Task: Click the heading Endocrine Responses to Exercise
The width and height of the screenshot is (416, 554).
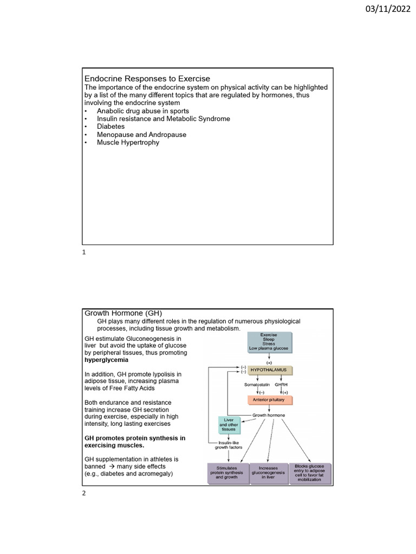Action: [x=147, y=79]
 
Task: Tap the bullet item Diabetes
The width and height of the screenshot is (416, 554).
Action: [x=110, y=127]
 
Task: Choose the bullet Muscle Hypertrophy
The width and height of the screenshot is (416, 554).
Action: [x=128, y=143]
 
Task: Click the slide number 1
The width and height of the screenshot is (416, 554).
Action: [x=84, y=253]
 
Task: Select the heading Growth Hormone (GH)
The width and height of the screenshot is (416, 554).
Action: [x=123, y=313]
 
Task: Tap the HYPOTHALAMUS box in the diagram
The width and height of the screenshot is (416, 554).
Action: [x=269, y=371]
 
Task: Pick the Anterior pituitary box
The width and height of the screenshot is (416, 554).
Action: [x=269, y=400]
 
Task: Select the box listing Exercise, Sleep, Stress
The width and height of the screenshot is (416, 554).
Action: [x=268, y=342]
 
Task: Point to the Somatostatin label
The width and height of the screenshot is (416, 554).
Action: [x=257, y=384]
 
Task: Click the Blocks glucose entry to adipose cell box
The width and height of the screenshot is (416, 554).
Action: [x=309, y=473]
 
